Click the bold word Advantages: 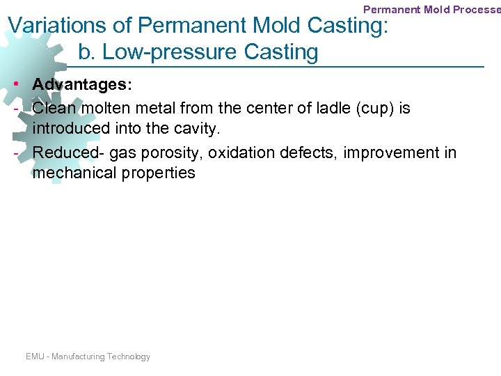pyautogui.click(x=82, y=84)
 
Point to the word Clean pyautogui.click(x=54, y=108)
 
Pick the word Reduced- pyautogui.click(x=67, y=152)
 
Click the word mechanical pyautogui.click(x=72, y=173)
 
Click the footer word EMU pyautogui.click(x=35, y=357)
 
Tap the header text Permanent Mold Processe pyautogui.click(x=431, y=10)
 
